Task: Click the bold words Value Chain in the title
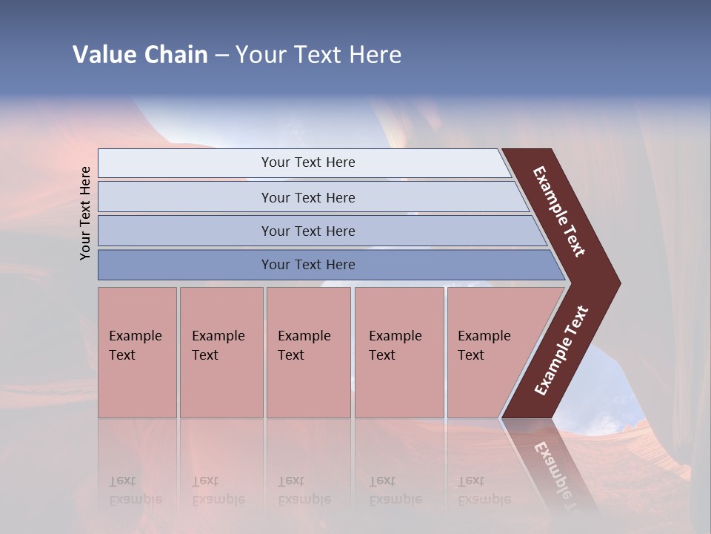(140, 55)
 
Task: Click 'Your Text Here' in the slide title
(318, 55)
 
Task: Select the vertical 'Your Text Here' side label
(85, 213)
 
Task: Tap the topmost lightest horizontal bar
(307, 162)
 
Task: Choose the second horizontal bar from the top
(307, 197)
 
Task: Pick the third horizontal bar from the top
(307, 231)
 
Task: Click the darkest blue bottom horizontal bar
(307, 265)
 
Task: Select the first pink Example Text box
(137, 352)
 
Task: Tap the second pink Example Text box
(221, 352)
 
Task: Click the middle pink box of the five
(308, 352)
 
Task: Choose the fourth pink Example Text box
(398, 352)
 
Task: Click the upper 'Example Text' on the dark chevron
(559, 211)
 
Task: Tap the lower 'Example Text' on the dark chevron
(561, 351)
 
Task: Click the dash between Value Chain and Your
(221, 56)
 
